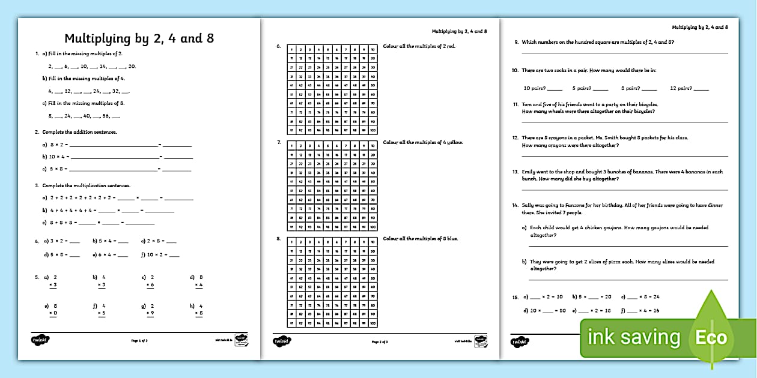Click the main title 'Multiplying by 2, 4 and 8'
(139, 38)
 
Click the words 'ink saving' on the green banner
(633, 338)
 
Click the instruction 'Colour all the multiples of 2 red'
(419, 46)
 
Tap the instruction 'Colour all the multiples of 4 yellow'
(423, 142)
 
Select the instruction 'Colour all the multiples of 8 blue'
(421, 239)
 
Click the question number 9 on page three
(516, 42)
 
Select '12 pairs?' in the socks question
(681, 88)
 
